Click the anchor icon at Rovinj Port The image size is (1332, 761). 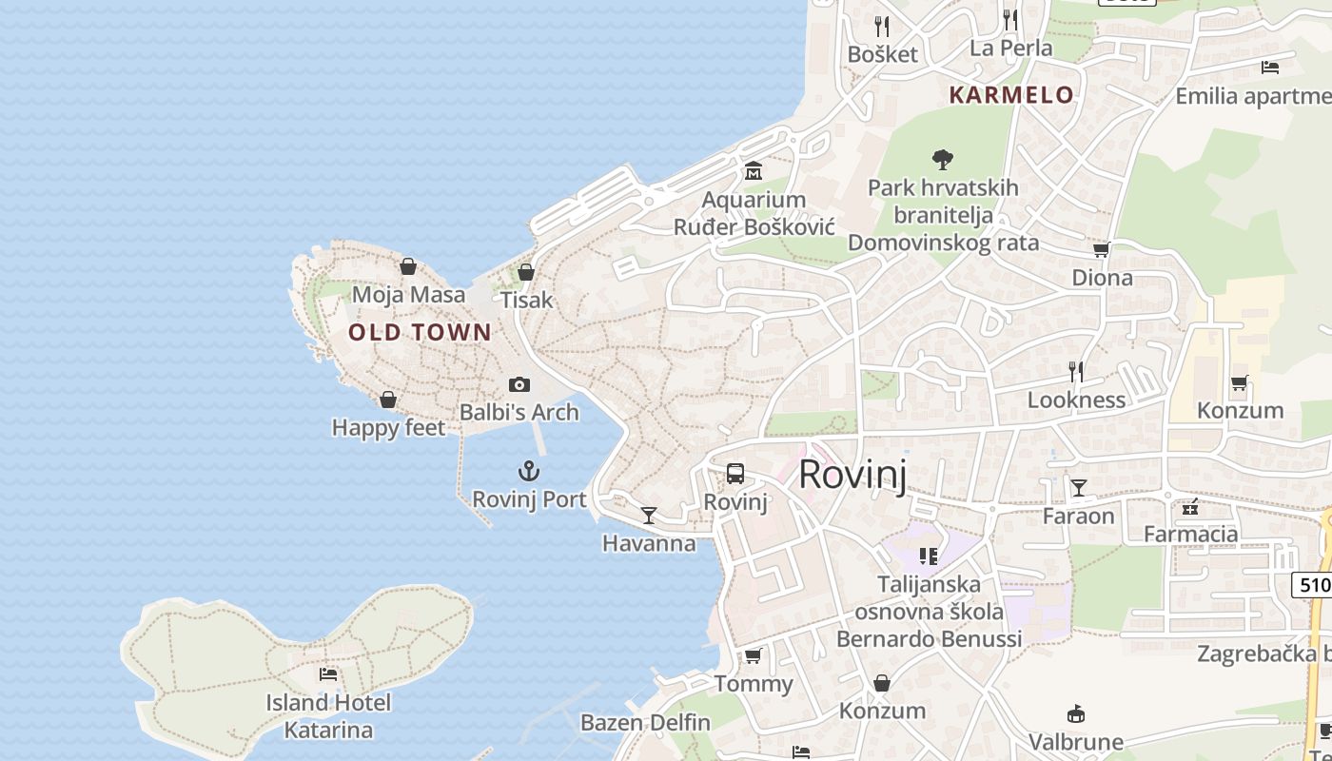[x=528, y=470]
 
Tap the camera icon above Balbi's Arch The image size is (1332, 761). [x=519, y=384]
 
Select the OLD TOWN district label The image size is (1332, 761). [x=420, y=332]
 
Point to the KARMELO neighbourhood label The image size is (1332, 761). [x=1011, y=95]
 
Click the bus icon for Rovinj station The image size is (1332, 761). [x=735, y=473]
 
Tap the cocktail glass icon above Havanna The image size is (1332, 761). [x=649, y=515]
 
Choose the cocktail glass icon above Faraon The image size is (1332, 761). [x=1078, y=488]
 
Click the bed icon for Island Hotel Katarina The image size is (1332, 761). [x=328, y=673]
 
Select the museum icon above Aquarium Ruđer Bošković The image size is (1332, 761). [x=754, y=171]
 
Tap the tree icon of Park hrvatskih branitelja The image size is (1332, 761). [x=943, y=159]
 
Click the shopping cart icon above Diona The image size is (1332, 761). [x=1102, y=249]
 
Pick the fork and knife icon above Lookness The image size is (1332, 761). [x=1076, y=371]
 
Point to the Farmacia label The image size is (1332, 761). [x=1190, y=534]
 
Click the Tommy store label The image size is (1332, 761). [x=753, y=684]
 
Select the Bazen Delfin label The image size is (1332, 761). [x=645, y=722]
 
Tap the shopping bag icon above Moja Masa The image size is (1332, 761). [x=408, y=266]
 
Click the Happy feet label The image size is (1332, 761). [x=387, y=428]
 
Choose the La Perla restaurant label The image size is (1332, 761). [x=1010, y=48]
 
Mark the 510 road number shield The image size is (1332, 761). [x=1314, y=584]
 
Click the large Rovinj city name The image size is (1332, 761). [x=852, y=474]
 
